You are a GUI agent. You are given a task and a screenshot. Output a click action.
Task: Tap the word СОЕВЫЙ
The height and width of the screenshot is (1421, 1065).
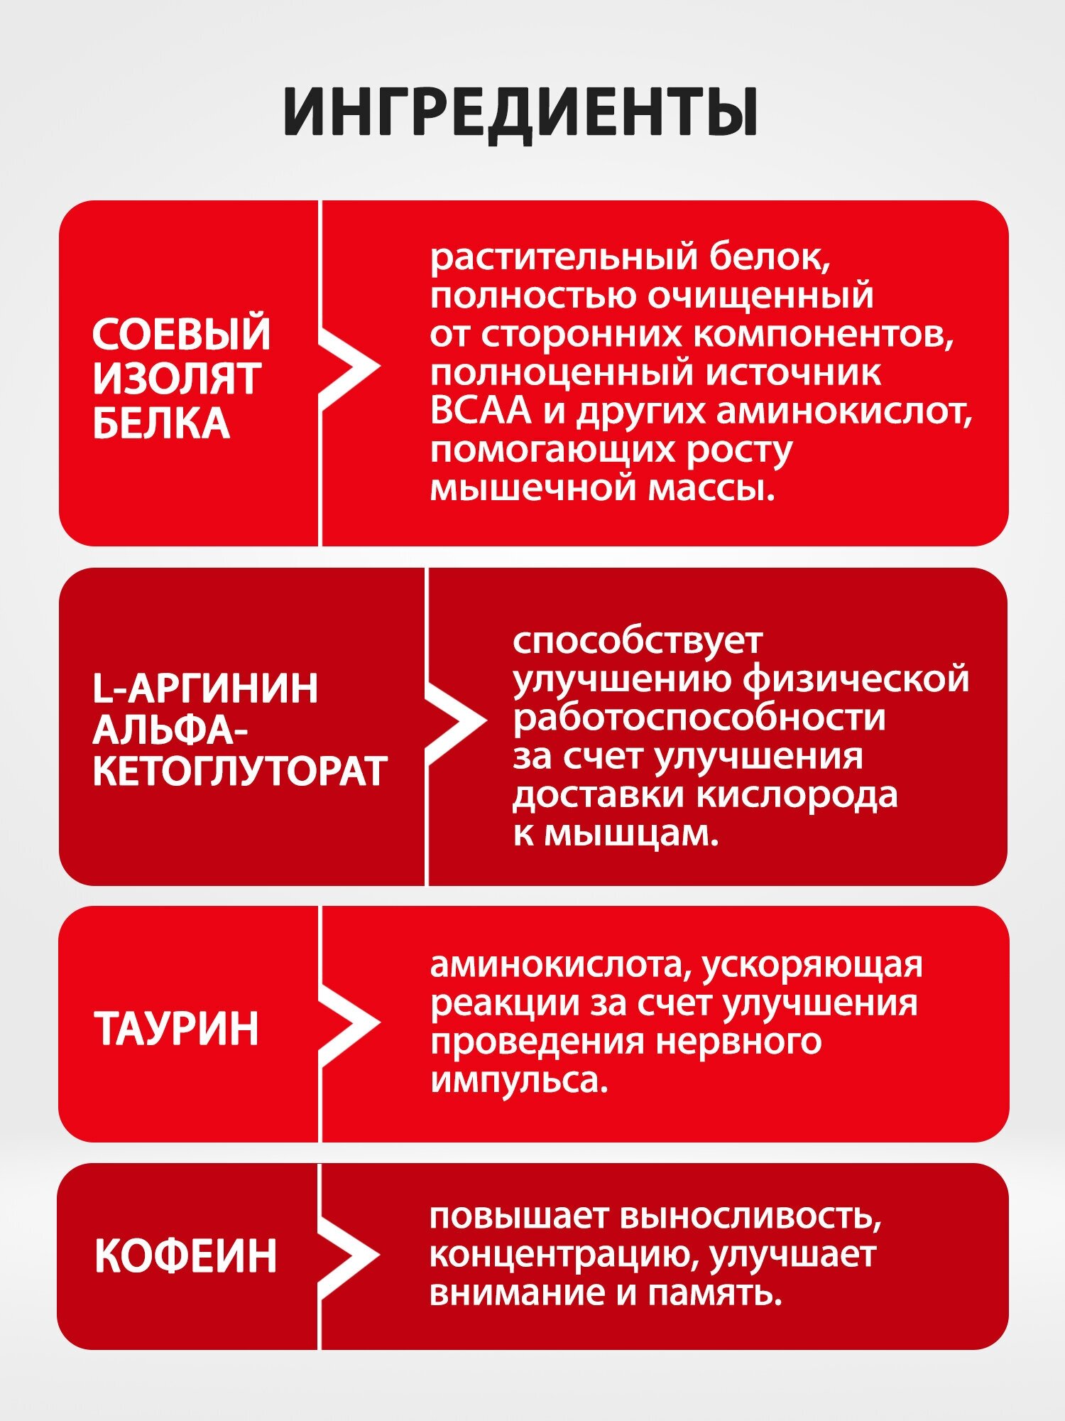point(181,334)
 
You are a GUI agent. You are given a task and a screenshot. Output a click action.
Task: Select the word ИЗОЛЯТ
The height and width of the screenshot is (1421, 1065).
point(177,379)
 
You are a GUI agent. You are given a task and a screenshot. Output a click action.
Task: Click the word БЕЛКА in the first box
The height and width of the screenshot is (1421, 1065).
point(161,423)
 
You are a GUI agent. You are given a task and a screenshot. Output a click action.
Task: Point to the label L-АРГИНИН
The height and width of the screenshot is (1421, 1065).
point(205,688)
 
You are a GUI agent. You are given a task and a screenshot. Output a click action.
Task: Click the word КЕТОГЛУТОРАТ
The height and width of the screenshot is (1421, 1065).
point(240,772)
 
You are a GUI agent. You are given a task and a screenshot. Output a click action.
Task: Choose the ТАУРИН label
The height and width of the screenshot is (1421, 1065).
point(177,1028)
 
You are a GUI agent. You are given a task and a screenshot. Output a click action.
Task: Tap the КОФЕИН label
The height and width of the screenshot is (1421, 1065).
point(185,1256)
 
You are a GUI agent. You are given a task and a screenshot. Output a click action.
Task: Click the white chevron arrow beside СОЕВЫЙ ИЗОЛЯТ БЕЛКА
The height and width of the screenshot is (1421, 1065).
point(351,368)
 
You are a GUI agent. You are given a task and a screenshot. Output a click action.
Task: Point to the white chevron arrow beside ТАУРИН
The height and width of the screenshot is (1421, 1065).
point(351,1024)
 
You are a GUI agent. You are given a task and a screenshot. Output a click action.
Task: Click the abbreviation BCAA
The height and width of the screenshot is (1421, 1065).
point(480,411)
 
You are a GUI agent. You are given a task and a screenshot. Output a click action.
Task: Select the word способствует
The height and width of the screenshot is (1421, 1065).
point(637,641)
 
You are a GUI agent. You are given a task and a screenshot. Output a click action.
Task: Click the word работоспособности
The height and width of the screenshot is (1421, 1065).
point(699,718)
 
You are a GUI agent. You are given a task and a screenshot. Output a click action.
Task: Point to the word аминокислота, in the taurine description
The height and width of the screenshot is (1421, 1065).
point(560,965)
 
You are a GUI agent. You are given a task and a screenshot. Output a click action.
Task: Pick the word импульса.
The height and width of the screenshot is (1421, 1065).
point(519,1081)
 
